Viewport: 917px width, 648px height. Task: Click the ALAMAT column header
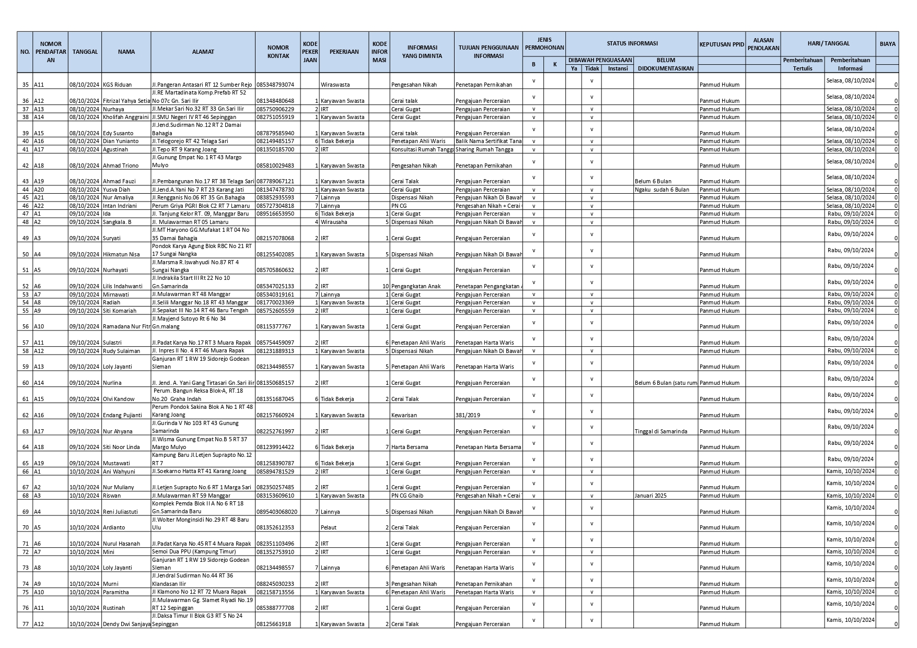tap(203, 52)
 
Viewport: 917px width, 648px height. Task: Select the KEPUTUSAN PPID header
tap(721, 44)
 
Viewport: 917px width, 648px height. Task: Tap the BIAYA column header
tap(887, 44)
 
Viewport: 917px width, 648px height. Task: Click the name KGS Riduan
tap(117, 85)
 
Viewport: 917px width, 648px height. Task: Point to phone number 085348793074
tap(275, 85)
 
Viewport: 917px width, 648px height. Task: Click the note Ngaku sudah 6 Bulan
tap(662, 190)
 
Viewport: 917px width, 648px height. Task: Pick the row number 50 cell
tap(25, 254)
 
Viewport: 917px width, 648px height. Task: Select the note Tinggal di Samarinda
tap(661, 431)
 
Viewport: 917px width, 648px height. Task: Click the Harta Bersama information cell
tap(410, 447)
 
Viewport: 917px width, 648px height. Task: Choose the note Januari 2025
tap(651, 496)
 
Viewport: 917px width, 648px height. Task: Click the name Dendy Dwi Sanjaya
tap(126, 624)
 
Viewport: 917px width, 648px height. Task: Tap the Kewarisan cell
tap(403, 415)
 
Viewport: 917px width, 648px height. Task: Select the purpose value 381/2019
tap(468, 415)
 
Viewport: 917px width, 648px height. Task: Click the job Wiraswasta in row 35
tap(335, 85)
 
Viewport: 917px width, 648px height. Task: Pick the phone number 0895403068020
tap(277, 512)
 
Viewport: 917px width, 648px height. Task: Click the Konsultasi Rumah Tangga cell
tap(422, 149)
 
